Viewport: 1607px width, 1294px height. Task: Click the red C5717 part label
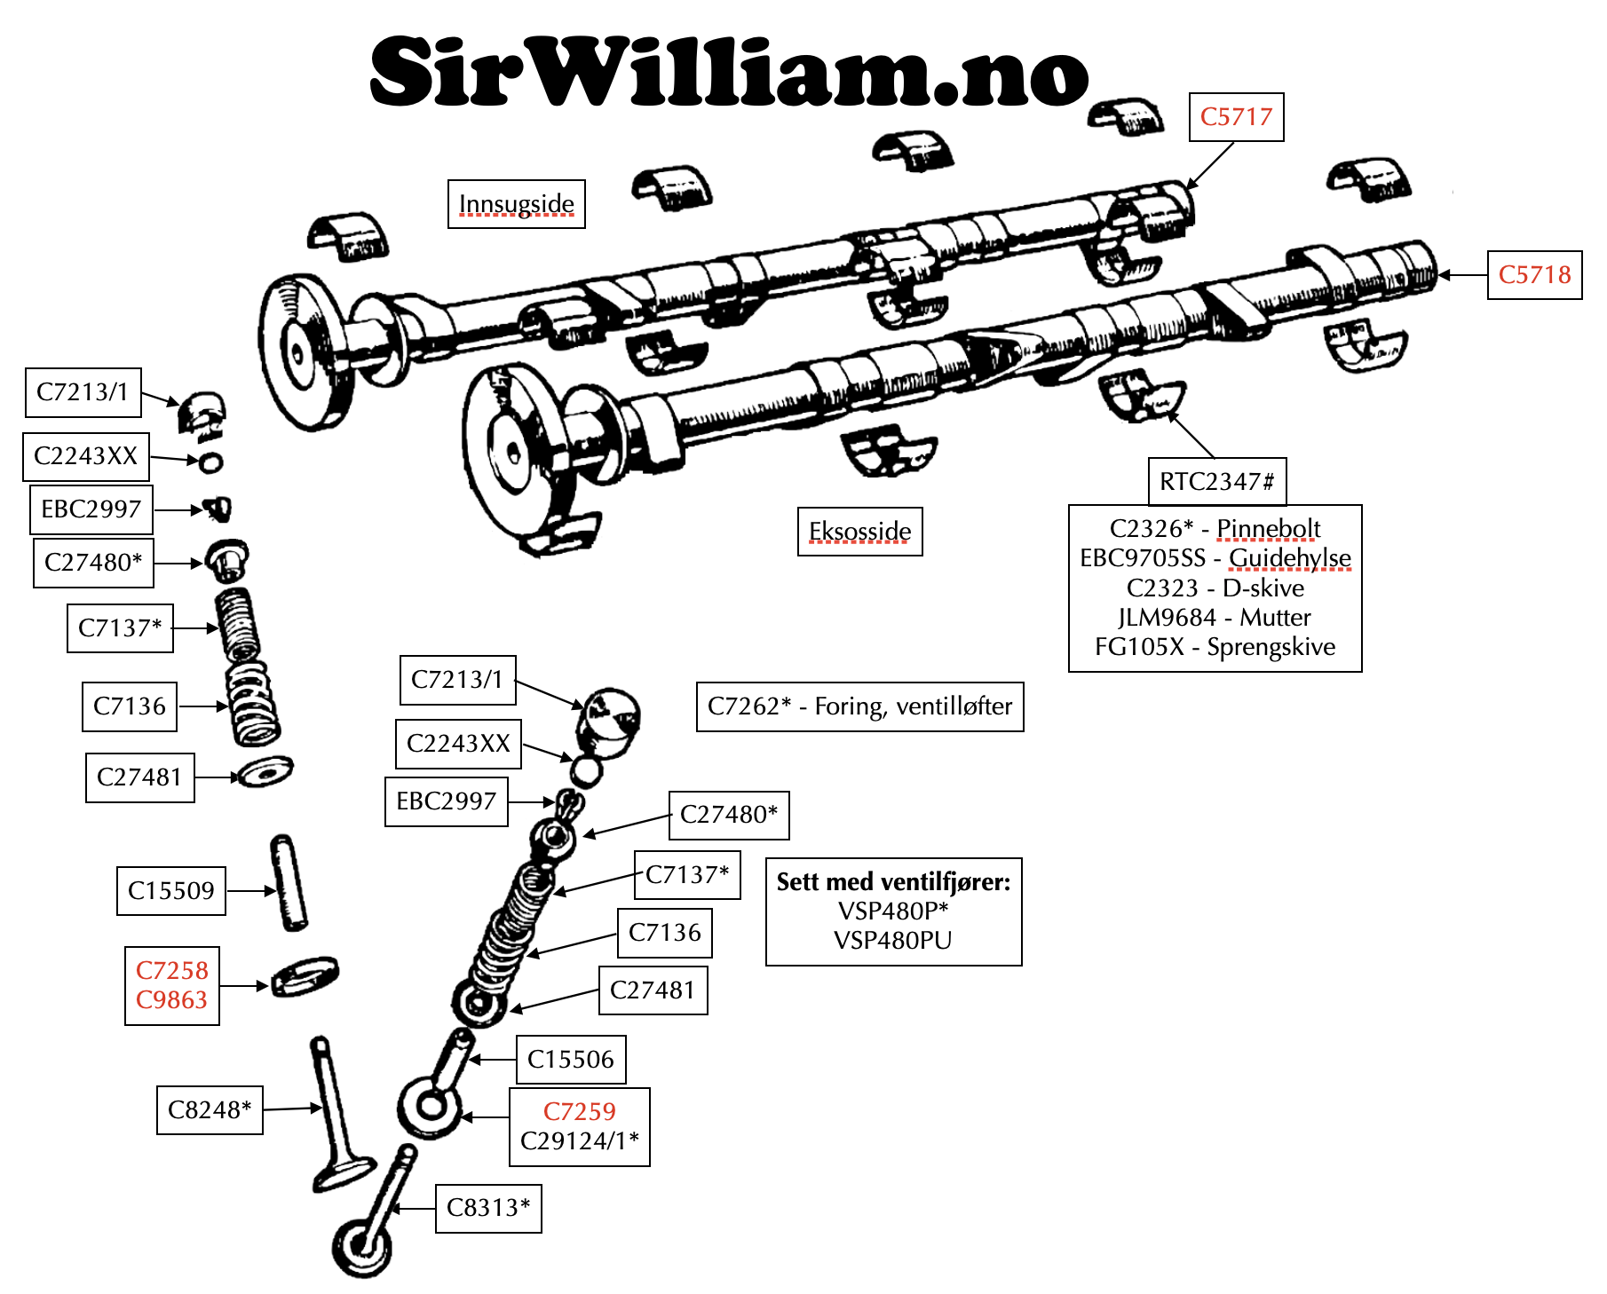pyautogui.click(x=1236, y=117)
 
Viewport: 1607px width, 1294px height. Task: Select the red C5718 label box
pyautogui.click(x=1534, y=275)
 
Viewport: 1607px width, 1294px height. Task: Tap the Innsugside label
pyautogui.click(x=516, y=204)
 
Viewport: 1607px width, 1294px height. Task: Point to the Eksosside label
pyautogui.click(x=859, y=532)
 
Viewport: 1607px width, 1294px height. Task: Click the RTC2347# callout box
pyautogui.click(x=1216, y=482)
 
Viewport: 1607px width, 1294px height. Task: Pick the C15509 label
pyautogui.click(x=171, y=891)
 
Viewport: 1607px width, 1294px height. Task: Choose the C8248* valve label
pyautogui.click(x=210, y=1110)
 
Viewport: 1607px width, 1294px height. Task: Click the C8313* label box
pyautogui.click(x=488, y=1208)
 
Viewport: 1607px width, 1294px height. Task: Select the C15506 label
pyautogui.click(x=571, y=1060)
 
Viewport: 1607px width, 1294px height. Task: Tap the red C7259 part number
pyautogui.click(x=579, y=1112)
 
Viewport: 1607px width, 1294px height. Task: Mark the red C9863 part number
pyautogui.click(x=171, y=1000)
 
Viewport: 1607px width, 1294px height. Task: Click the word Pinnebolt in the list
pyautogui.click(x=1268, y=529)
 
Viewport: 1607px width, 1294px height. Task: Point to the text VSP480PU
pyautogui.click(x=892, y=941)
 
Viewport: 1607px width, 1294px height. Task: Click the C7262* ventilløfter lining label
pyautogui.click(x=859, y=706)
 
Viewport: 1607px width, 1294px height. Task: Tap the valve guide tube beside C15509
pyautogui.click(x=289, y=883)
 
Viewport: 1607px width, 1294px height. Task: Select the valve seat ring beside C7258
pyautogui.click(x=305, y=976)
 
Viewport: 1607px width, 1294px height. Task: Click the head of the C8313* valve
pyautogui.click(x=361, y=1247)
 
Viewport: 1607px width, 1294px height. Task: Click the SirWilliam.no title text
pyautogui.click(x=728, y=71)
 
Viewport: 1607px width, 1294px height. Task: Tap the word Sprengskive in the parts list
pyautogui.click(x=1271, y=647)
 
